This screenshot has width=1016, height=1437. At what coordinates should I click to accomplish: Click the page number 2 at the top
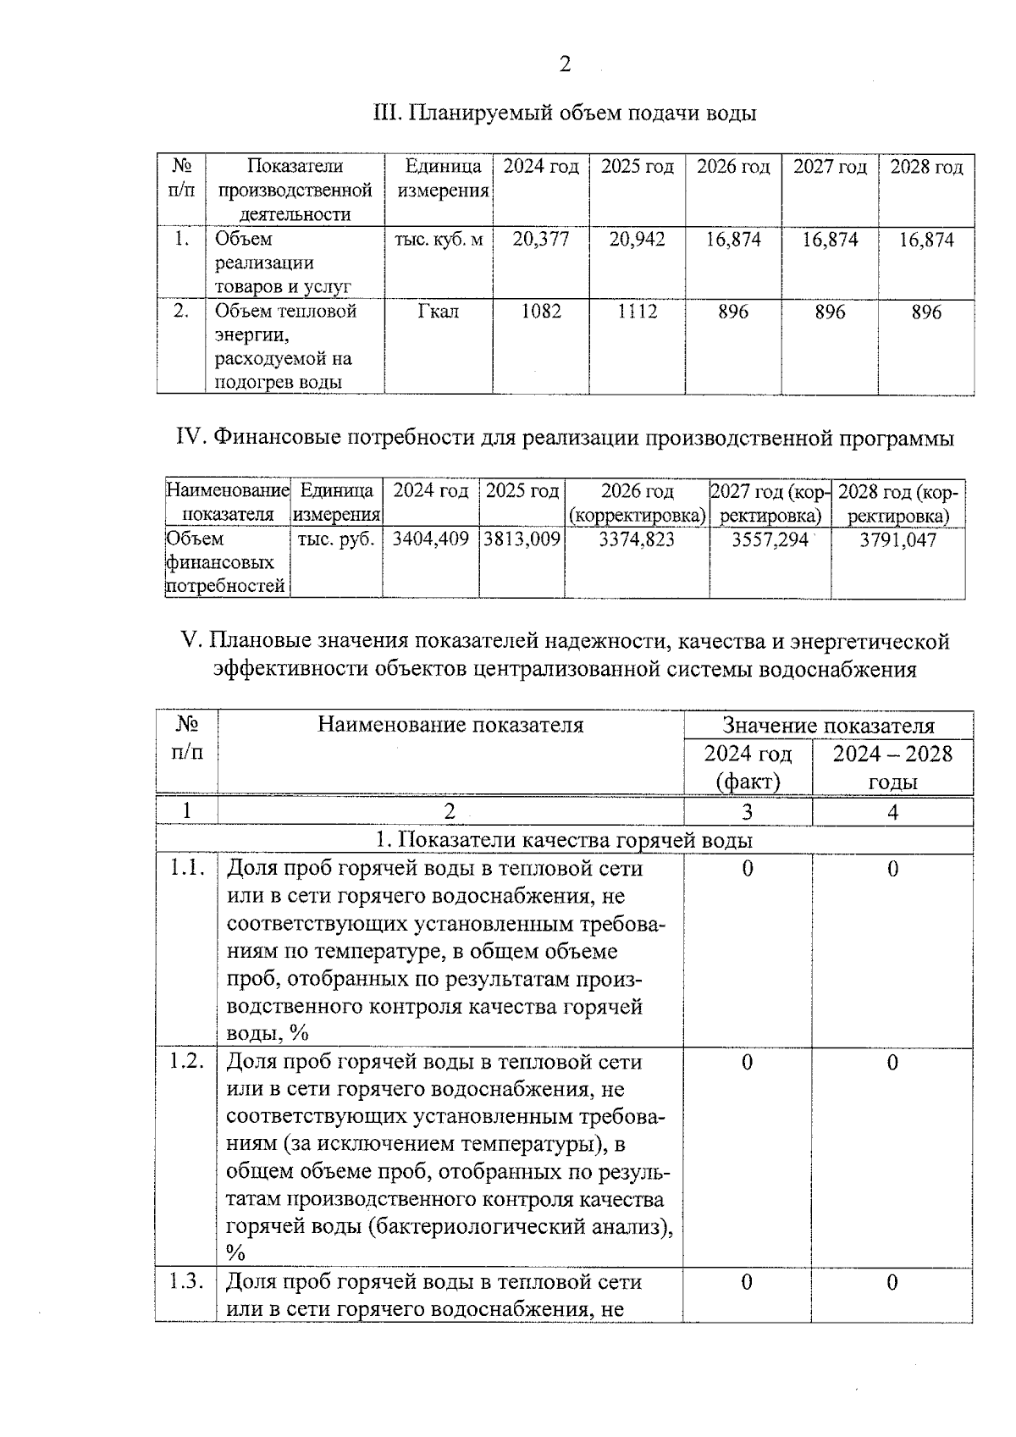pos(565,64)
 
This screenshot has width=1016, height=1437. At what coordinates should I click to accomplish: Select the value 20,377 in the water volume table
pos(541,240)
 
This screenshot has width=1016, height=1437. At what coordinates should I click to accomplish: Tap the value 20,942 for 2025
pos(637,240)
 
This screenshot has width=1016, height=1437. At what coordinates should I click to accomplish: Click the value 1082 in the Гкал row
pos(541,312)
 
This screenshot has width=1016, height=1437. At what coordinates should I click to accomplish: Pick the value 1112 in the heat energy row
pos(637,312)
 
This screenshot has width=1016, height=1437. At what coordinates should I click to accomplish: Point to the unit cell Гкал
pos(439,312)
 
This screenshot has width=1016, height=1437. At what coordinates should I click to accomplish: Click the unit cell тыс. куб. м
pos(439,240)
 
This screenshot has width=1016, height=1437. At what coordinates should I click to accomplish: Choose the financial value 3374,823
pos(637,539)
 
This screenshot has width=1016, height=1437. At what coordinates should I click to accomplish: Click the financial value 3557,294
pos(770,539)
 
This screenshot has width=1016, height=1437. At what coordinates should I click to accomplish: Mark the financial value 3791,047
pos(897,539)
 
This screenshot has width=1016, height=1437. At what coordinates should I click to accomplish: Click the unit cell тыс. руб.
pos(336,539)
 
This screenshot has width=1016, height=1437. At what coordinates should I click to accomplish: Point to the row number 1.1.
pos(187,869)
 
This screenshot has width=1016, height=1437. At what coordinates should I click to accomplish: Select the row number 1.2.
pos(187,1062)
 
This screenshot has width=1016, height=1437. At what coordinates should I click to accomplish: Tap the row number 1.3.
pos(187,1282)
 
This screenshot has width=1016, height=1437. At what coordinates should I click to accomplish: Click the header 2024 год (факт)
pos(748,766)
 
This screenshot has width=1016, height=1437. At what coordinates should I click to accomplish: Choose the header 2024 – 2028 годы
pos(892,766)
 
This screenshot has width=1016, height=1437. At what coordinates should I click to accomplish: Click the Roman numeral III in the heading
pos(386,113)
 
